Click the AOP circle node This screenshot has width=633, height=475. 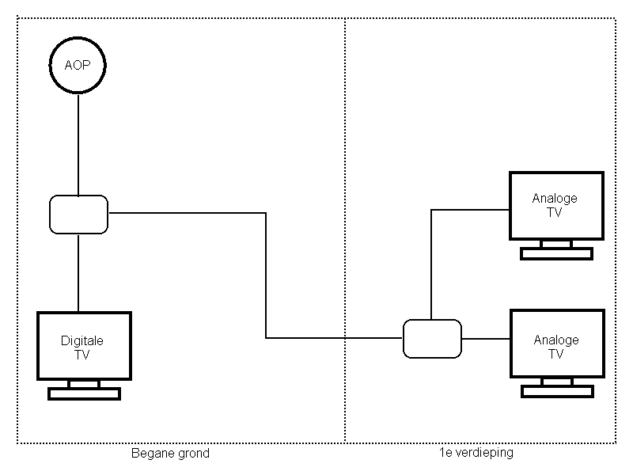pyautogui.click(x=78, y=64)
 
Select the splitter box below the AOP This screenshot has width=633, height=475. pyautogui.click(x=78, y=214)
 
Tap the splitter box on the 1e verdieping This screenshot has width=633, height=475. pyautogui.click(x=431, y=339)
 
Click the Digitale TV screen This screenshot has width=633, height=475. pyautogui.click(x=84, y=348)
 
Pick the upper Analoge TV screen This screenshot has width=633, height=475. pyautogui.click(x=556, y=205)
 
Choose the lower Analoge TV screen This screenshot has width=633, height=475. pyautogui.click(x=556, y=347)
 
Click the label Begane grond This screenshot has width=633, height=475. pyautogui.click(x=170, y=454)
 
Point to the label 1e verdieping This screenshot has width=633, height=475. pyautogui.click(x=476, y=454)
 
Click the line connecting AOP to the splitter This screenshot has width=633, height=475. pyautogui.click(x=78, y=142)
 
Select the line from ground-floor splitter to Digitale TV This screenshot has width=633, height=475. pyautogui.click(x=78, y=272)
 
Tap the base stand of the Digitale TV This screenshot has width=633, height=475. pyautogui.click(x=84, y=393)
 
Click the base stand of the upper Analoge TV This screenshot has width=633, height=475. pyautogui.click(x=556, y=253)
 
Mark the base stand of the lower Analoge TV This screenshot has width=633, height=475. pyautogui.click(x=556, y=391)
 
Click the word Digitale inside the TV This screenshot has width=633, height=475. pyautogui.click(x=82, y=341)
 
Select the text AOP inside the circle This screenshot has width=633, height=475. pyautogui.click(x=78, y=64)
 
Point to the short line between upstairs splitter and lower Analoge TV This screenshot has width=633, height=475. pyautogui.click(x=485, y=339)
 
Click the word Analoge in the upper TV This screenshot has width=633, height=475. pyautogui.click(x=555, y=199)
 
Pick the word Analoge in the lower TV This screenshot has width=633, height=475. pyautogui.click(x=556, y=340)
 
